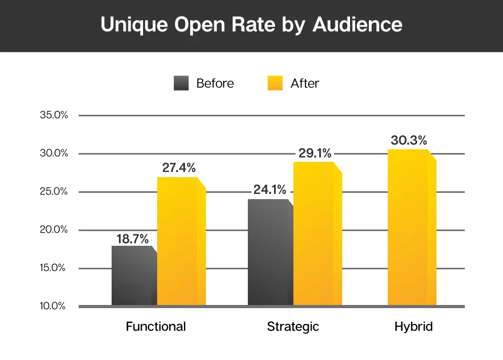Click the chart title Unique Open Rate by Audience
point(251,25)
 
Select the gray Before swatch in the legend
point(181,83)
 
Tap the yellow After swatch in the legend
point(275,83)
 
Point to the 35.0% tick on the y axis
point(54,115)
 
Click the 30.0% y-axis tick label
point(54,154)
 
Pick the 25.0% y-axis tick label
point(54,192)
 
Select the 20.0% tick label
point(54,230)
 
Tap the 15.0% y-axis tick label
point(54,268)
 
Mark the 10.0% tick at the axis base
point(54,307)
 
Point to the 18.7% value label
point(133,238)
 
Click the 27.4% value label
point(179,168)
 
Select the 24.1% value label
point(269,190)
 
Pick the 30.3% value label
point(409,140)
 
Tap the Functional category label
point(156,327)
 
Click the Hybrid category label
point(414,327)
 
